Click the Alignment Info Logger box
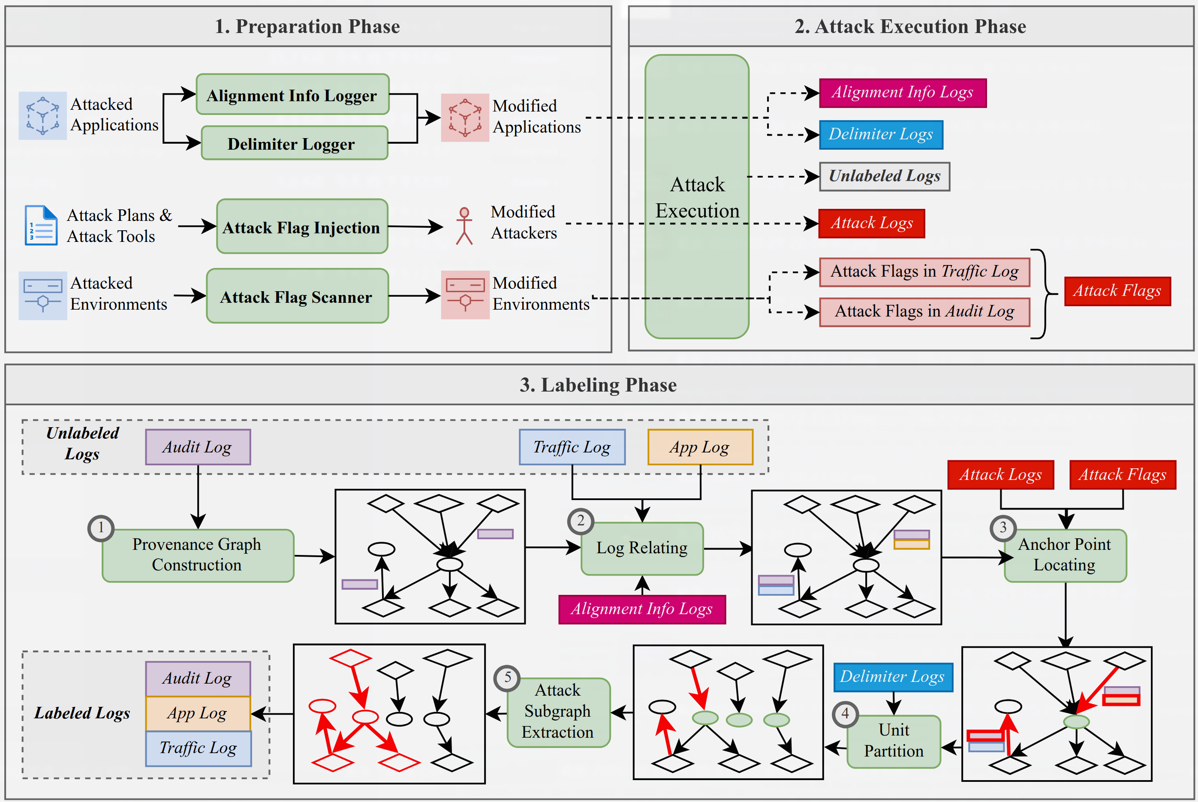(x=292, y=95)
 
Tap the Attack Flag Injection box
(x=302, y=226)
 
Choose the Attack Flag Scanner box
(x=297, y=296)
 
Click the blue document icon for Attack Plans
(x=41, y=226)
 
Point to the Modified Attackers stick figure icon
(x=464, y=226)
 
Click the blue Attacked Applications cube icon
(x=42, y=116)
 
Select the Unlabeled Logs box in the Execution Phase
(x=884, y=176)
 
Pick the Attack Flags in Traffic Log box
(x=924, y=272)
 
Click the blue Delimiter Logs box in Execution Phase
(x=880, y=135)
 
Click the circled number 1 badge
(x=101, y=528)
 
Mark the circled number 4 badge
(x=845, y=714)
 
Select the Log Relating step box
(x=642, y=548)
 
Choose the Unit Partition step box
(x=893, y=741)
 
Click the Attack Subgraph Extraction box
(x=558, y=712)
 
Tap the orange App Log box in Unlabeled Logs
(x=700, y=447)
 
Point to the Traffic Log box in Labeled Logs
(x=198, y=748)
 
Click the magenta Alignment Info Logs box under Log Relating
(x=642, y=609)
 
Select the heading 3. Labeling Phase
(x=598, y=385)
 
